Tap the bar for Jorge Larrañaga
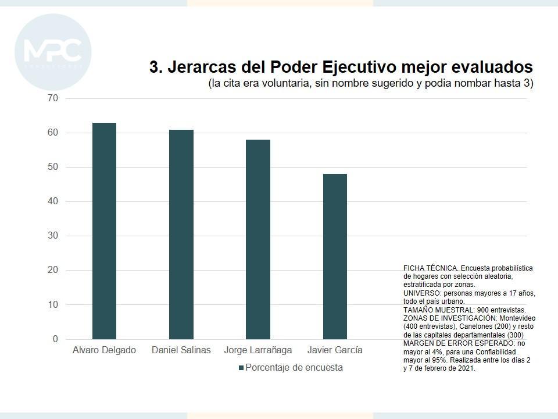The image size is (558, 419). (x=258, y=239)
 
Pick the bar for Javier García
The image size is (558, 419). (x=335, y=257)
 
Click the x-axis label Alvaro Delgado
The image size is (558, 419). (x=104, y=350)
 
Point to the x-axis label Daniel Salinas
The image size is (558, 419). (x=181, y=350)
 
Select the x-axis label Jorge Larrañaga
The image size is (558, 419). (x=258, y=350)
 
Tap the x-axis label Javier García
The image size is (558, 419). (x=335, y=350)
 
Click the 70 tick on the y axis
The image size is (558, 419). (x=53, y=98)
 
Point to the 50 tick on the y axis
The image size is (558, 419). (x=53, y=167)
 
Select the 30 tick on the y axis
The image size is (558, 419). (x=53, y=236)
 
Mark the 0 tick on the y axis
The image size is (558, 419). (x=55, y=339)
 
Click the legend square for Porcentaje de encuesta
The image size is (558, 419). (x=241, y=368)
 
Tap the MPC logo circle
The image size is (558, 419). (x=53, y=52)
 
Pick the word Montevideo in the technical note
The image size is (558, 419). (x=516, y=319)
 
